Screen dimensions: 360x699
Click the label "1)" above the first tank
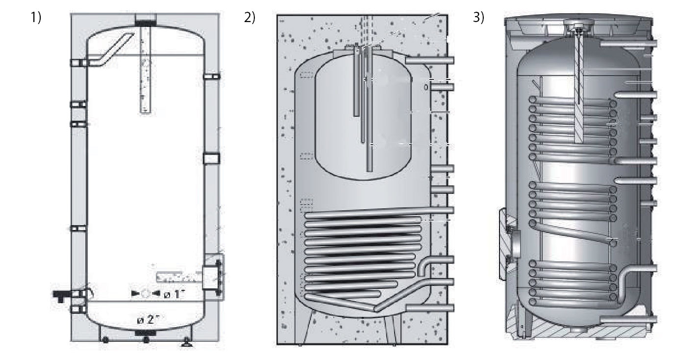tap(36, 18)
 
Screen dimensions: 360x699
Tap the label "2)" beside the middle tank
tap(250, 18)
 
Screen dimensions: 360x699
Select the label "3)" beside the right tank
tap(478, 18)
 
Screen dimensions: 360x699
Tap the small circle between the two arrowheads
tap(146, 294)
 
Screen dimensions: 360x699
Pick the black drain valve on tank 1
tap(62, 294)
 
